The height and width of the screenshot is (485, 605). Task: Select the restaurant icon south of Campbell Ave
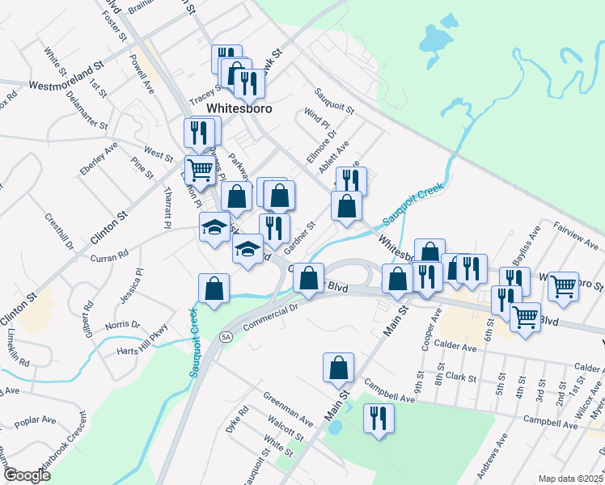click(378, 419)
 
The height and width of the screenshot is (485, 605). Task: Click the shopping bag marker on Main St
click(338, 368)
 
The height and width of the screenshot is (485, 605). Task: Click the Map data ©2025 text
click(571, 479)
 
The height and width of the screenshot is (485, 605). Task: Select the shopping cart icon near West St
click(200, 170)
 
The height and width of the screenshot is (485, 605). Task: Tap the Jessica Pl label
click(129, 283)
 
